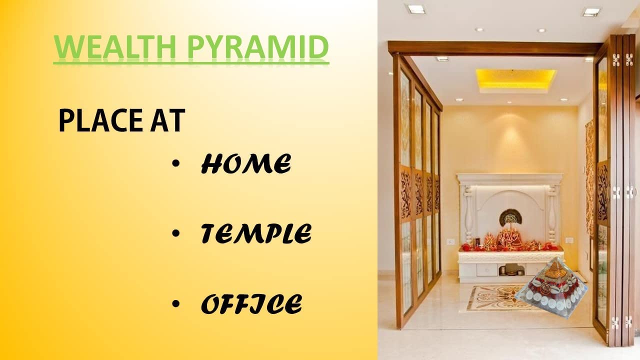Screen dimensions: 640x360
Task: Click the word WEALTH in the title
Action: click(x=114, y=47)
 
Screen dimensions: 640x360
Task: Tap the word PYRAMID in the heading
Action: click(x=257, y=47)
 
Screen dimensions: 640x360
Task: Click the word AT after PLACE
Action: click(x=167, y=120)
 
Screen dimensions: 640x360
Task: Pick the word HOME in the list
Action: click(x=246, y=163)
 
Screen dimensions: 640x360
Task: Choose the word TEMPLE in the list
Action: click(x=256, y=233)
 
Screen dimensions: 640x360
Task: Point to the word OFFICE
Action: click(x=251, y=303)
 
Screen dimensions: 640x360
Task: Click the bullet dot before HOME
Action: click(x=176, y=163)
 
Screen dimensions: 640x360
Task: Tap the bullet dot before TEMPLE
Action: click(x=176, y=233)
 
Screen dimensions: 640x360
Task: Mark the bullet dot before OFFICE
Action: click(x=176, y=304)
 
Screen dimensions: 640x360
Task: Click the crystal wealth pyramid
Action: click(x=552, y=288)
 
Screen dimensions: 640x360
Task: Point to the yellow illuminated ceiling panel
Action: click(x=516, y=78)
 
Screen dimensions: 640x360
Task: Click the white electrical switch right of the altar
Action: click(x=569, y=240)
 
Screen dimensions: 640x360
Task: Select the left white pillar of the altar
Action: click(x=468, y=215)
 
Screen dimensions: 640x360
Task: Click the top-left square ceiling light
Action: click(x=417, y=9)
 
